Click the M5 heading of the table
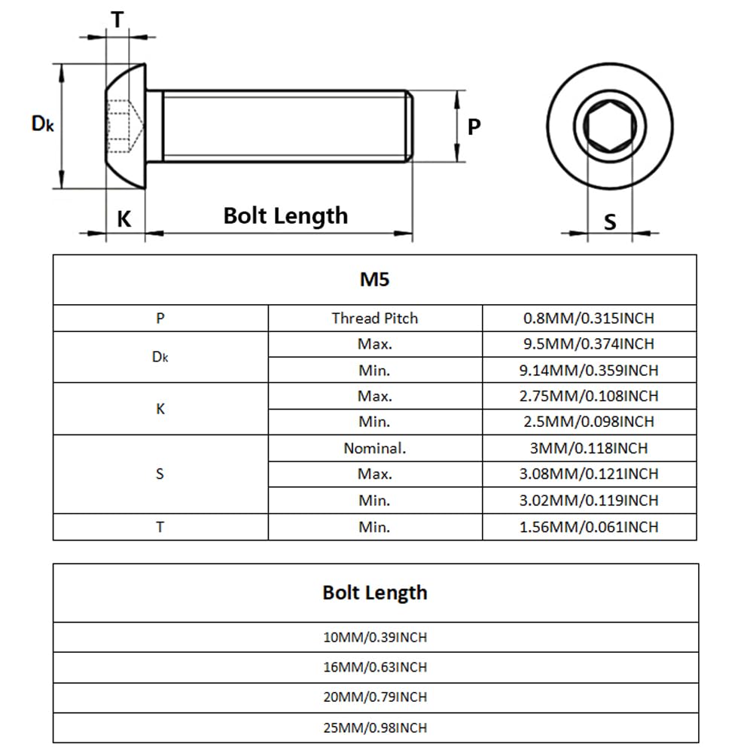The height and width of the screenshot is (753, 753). point(374,279)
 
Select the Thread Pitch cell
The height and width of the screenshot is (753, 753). point(374,319)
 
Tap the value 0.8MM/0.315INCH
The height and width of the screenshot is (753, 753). point(589,319)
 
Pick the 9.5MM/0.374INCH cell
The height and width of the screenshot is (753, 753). point(589,344)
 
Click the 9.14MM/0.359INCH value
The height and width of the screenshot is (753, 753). point(589,370)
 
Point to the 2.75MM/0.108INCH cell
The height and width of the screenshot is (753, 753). point(589,396)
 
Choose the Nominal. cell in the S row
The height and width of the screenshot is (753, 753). point(374,448)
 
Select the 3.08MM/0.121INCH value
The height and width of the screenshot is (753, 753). point(589,474)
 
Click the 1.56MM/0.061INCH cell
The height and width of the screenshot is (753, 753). point(589,527)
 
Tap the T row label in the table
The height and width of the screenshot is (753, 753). point(160,527)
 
